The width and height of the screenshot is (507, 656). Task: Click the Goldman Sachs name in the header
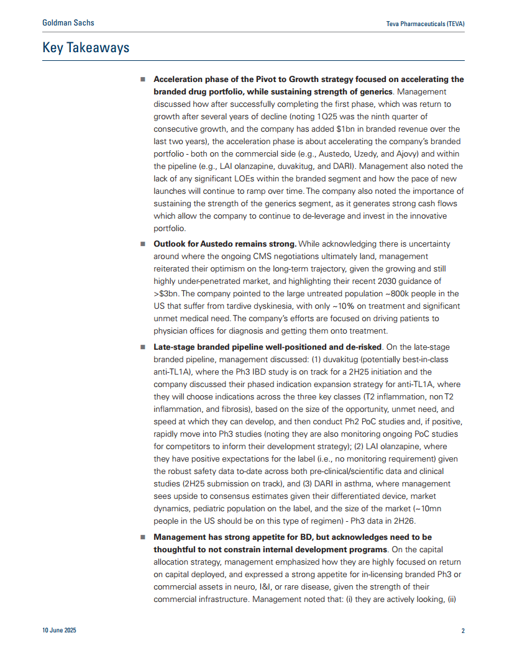tap(68, 23)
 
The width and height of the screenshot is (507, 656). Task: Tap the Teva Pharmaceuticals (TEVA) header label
tap(426, 24)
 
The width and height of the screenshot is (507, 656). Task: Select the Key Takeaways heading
tap(86, 47)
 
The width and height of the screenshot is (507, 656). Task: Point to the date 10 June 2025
tap(60, 631)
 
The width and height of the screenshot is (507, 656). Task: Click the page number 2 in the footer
tap(463, 631)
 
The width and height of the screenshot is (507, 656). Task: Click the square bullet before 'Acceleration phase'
tap(142, 80)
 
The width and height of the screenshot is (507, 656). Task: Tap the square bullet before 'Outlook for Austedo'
tap(142, 244)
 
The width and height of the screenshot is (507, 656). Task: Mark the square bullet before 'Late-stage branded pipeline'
tap(142, 347)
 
